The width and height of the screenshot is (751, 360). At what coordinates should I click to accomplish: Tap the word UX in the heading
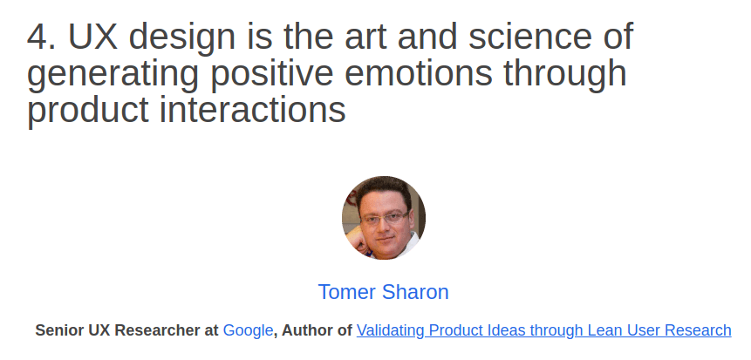93,37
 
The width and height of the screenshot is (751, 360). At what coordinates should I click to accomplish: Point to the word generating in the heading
113,75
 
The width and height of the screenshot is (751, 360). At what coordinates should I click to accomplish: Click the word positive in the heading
271,75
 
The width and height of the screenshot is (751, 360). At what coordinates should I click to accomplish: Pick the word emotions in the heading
418,74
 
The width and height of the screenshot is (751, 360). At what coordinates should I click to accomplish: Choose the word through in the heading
565,75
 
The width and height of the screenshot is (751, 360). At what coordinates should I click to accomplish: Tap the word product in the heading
87,111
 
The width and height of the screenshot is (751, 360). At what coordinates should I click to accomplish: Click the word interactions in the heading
252,110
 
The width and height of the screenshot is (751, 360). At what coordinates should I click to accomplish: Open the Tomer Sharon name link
383,292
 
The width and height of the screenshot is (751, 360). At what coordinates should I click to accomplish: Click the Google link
248,330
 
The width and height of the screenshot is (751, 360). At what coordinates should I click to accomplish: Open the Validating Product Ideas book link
543,330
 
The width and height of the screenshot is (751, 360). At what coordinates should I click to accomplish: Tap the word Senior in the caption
59,330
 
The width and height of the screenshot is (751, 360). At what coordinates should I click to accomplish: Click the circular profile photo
383,218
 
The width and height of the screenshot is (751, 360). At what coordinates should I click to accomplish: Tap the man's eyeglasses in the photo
384,218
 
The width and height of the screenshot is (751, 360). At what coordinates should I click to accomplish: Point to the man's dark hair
382,188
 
